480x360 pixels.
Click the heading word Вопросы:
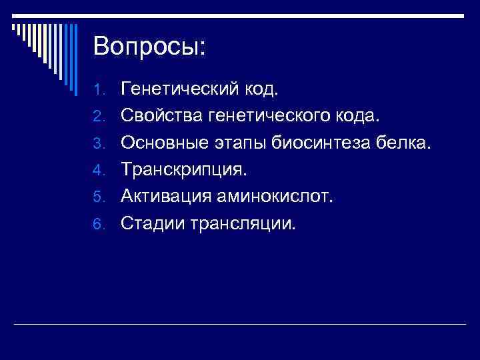pyautogui.click(x=150, y=46)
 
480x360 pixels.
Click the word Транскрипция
pyautogui.click(x=183, y=169)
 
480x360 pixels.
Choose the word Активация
pyautogui.click(x=165, y=196)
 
